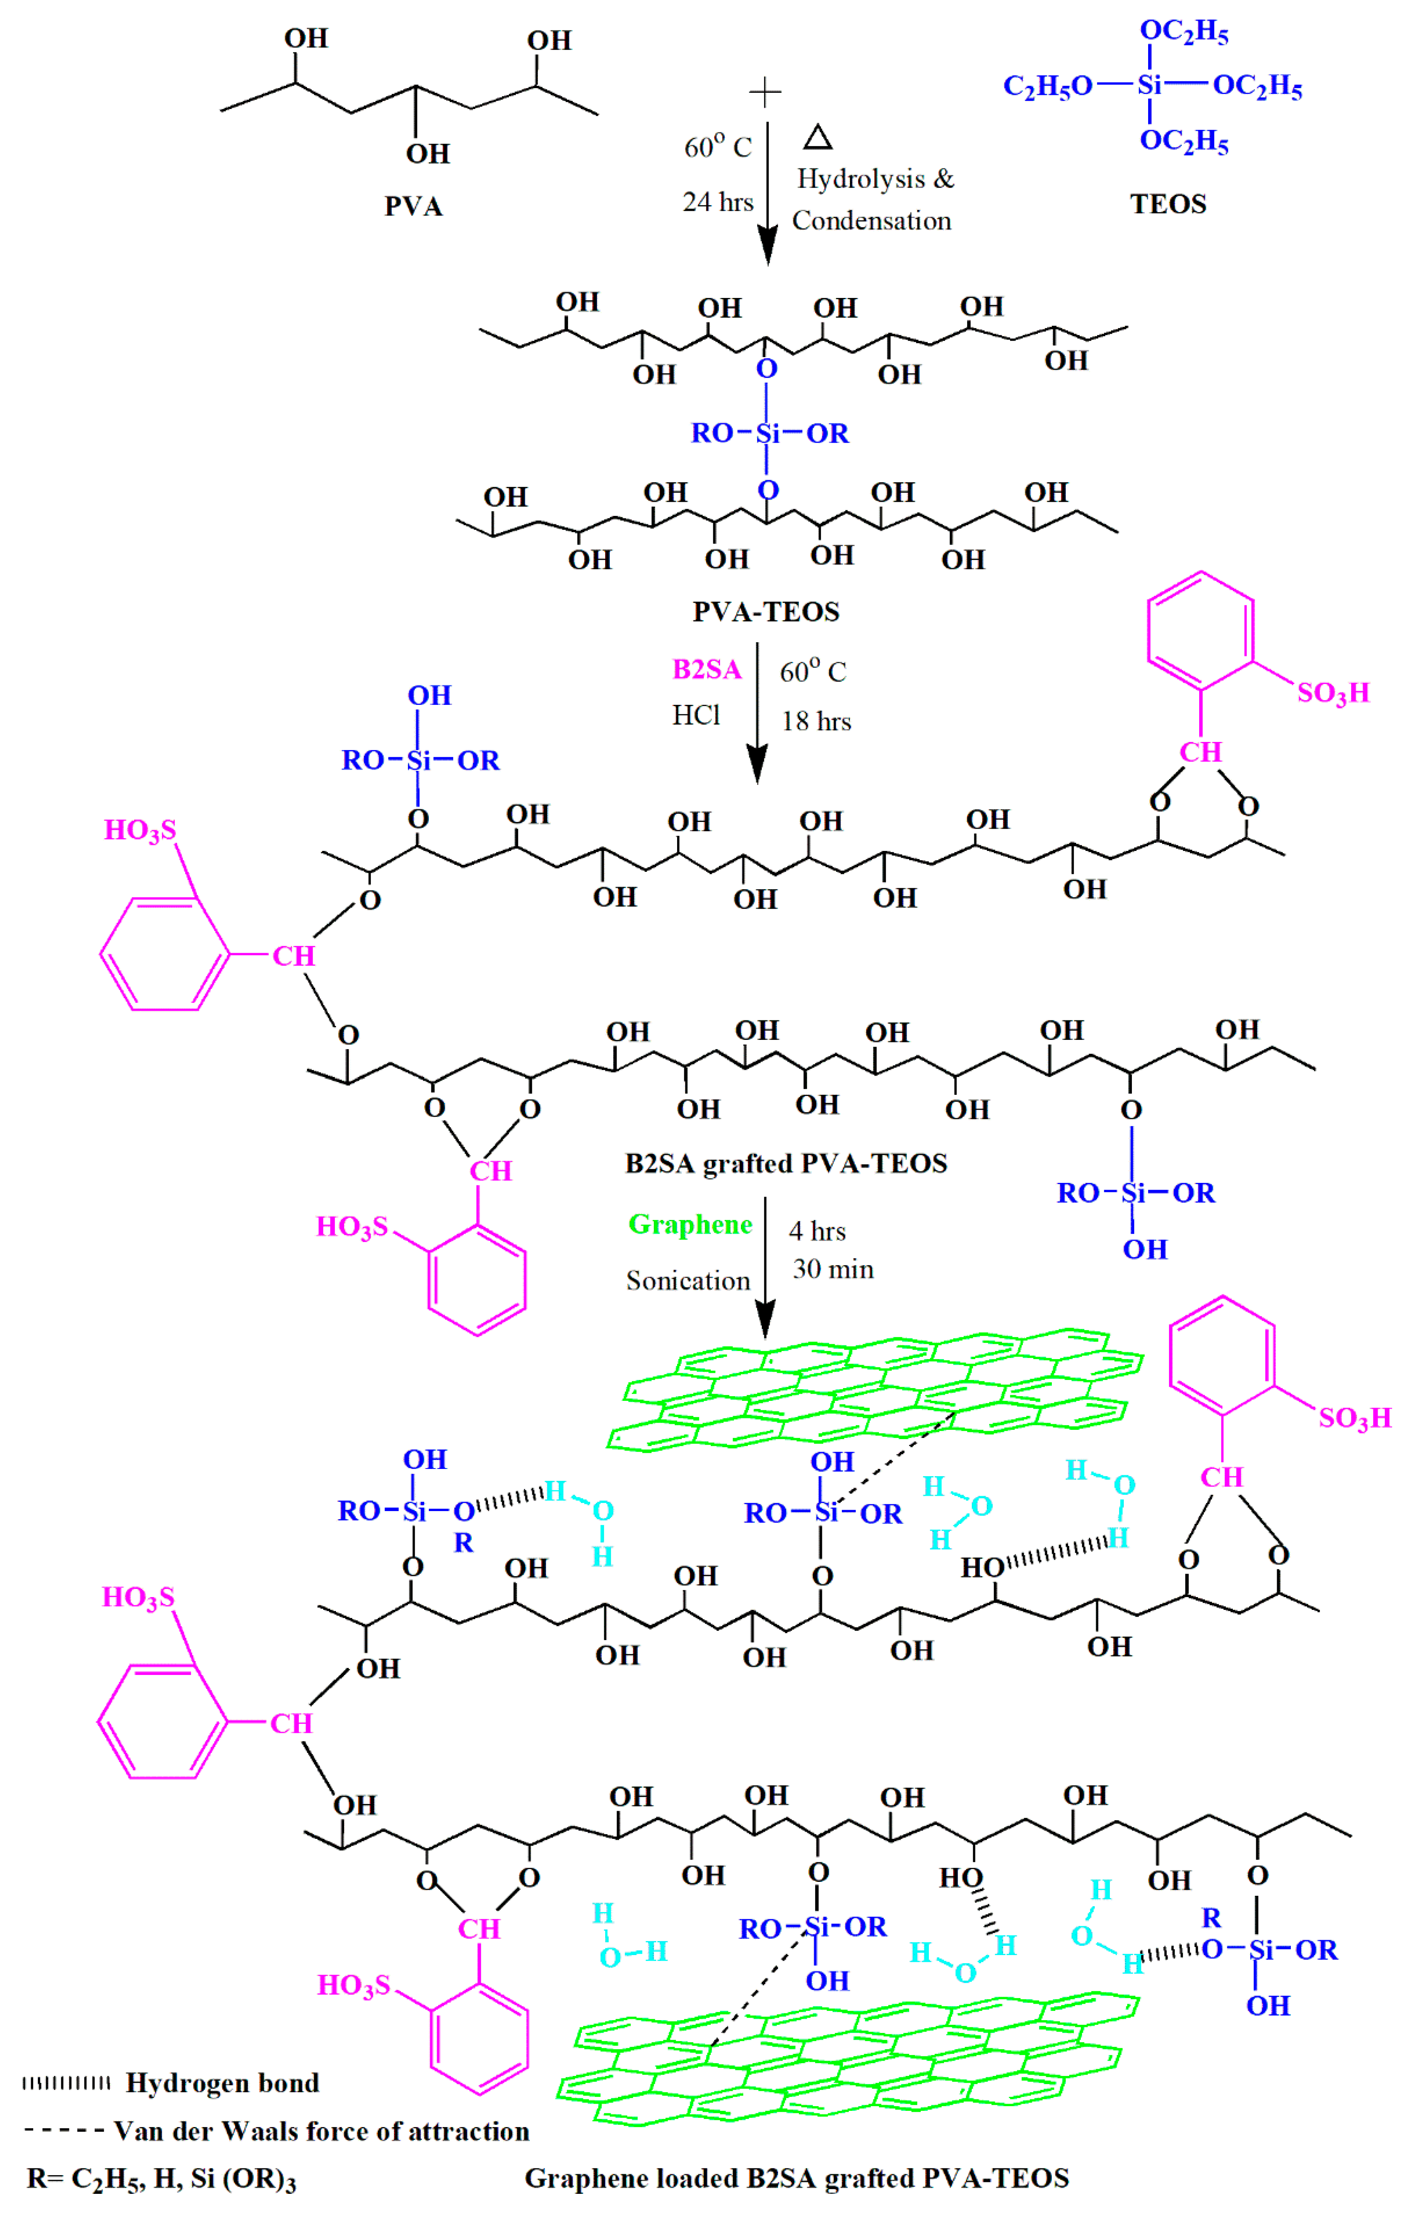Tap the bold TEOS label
coord(1167,204)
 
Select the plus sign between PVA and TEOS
coord(765,92)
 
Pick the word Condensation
coord(871,220)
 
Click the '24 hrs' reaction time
coord(718,202)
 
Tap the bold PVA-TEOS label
coord(766,612)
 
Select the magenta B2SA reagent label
coord(706,669)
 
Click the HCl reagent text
coord(696,715)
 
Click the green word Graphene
coord(689,1224)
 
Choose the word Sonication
coord(687,1280)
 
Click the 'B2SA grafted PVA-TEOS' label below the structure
coord(786,1163)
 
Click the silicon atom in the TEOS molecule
coord(1149,86)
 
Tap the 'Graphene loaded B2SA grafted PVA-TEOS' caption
coord(796,2178)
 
